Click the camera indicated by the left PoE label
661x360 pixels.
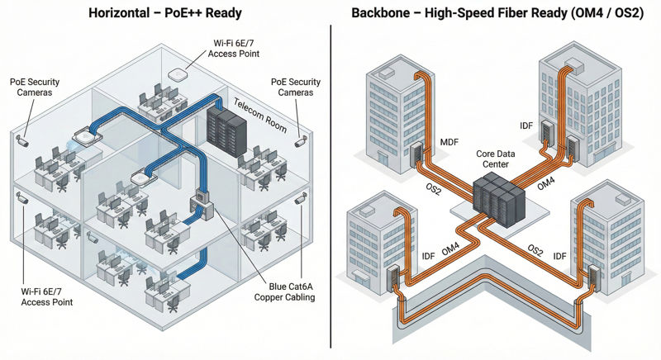coord(22,141)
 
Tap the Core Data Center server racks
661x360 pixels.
coord(498,199)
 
